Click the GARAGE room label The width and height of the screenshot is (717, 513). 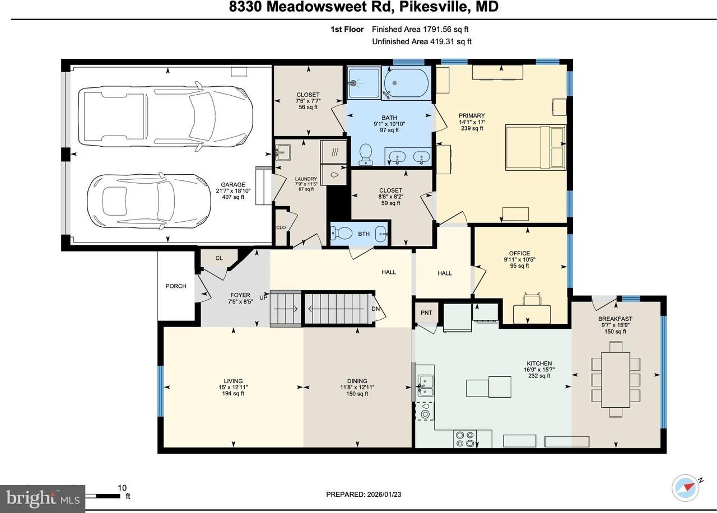[x=233, y=185]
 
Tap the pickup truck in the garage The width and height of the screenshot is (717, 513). [x=165, y=116]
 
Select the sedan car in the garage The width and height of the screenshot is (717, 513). [x=149, y=200]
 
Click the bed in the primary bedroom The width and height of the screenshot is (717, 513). [x=535, y=147]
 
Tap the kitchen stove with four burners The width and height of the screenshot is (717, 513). [x=465, y=439]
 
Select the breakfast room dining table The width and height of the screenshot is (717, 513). [x=616, y=380]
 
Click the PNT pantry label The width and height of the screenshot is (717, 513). [x=426, y=313]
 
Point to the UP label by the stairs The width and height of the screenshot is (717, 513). [x=263, y=297]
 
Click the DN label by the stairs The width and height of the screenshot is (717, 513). [x=375, y=309]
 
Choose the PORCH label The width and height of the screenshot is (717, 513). [x=176, y=286]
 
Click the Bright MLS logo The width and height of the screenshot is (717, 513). [x=43, y=498]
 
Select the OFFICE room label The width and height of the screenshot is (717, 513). [x=519, y=253]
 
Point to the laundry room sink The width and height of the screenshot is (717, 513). [x=283, y=152]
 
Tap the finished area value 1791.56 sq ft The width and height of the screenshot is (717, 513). [x=446, y=30]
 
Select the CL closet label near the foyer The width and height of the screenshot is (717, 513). [x=219, y=258]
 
